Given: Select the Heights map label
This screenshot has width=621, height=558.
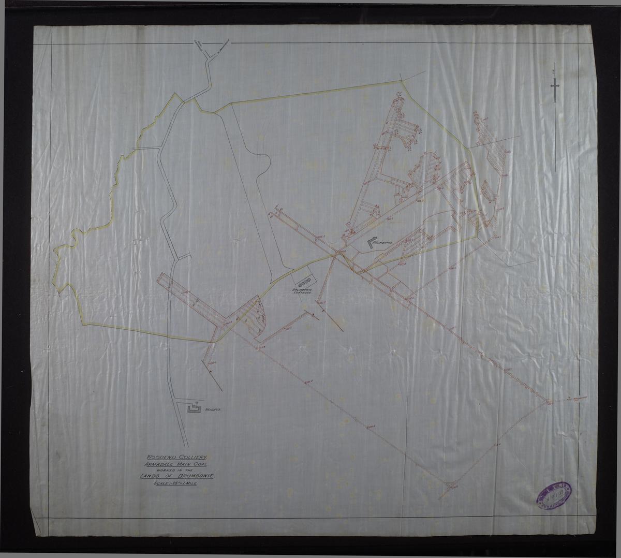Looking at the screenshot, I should click(x=213, y=409).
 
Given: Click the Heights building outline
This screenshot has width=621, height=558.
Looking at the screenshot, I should click(x=193, y=408).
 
